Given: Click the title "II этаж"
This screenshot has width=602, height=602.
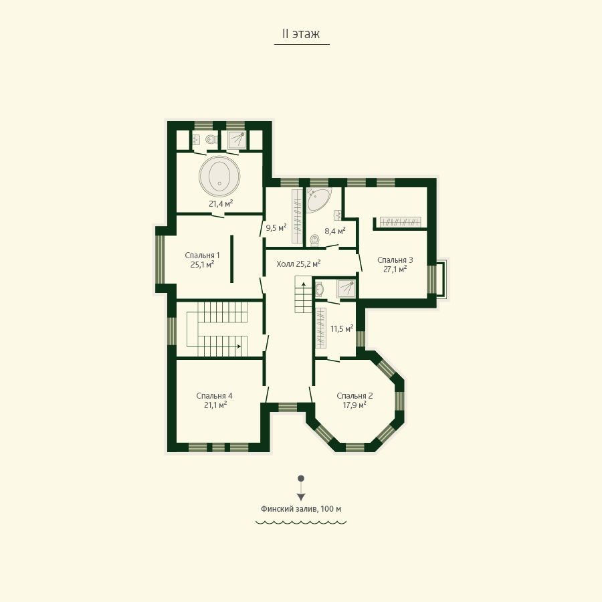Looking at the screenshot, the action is pos(301,34).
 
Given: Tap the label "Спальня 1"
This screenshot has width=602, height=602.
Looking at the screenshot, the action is pos(202,256).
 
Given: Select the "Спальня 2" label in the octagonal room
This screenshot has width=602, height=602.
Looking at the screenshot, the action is pos(355,396).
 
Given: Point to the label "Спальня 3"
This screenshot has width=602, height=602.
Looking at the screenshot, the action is pos(395,260).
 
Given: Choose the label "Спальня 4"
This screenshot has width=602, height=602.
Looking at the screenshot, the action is pos(214,396).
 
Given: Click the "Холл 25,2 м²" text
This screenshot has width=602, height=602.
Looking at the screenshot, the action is pos(298,264).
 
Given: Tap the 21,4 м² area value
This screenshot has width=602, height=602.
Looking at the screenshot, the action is pos(221,203).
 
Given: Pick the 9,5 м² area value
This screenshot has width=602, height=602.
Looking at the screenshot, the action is pos(276,227).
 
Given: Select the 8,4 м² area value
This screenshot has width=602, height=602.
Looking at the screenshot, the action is pos(335,231).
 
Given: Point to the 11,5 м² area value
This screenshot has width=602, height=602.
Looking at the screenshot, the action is pos(342,328).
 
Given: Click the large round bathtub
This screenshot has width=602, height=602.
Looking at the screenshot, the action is pos(219,176).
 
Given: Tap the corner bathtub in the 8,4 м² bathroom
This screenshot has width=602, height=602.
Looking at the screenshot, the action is pos(318,199).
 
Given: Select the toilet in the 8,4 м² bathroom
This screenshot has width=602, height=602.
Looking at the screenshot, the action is pos(315,239).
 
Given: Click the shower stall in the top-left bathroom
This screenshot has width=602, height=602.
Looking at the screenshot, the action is pos(237,140).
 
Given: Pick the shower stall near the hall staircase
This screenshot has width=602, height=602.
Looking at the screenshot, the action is pos(346,289).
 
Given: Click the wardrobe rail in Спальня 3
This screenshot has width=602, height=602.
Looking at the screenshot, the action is pos(401,222).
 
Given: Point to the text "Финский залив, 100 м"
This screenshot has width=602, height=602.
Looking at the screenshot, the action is pos(301,509).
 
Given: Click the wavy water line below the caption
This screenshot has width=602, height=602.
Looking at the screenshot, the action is pos(301,522).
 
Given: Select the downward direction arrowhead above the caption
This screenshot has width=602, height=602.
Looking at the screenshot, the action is pos(301,497).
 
